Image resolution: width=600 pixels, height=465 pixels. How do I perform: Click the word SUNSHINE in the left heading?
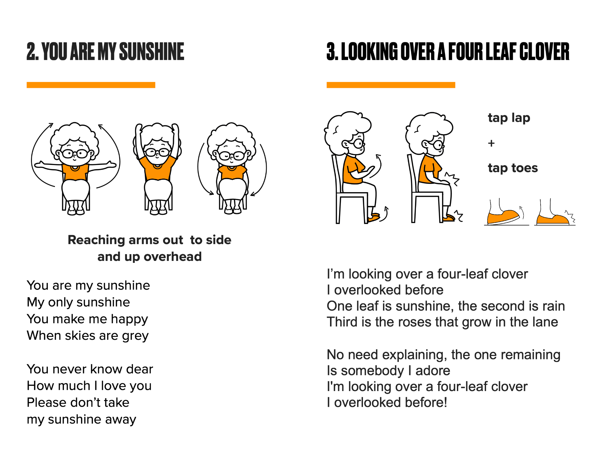coord(151,52)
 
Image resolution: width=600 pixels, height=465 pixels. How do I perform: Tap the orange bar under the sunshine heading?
coord(91,85)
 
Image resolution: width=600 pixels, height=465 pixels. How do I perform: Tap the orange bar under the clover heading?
coord(391,85)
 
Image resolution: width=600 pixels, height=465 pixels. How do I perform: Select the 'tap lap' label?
coord(509,118)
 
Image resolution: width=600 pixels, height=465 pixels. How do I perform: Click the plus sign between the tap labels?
coord(491,143)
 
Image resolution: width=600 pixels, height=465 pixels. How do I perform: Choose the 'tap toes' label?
coord(513,168)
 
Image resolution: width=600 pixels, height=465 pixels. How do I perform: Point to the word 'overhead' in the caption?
coord(172,257)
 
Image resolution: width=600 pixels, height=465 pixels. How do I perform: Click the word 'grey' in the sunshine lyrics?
coord(135,336)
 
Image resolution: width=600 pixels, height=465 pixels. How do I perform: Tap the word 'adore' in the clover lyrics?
coord(433,371)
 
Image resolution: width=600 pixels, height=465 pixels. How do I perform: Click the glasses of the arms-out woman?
coord(75,153)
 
